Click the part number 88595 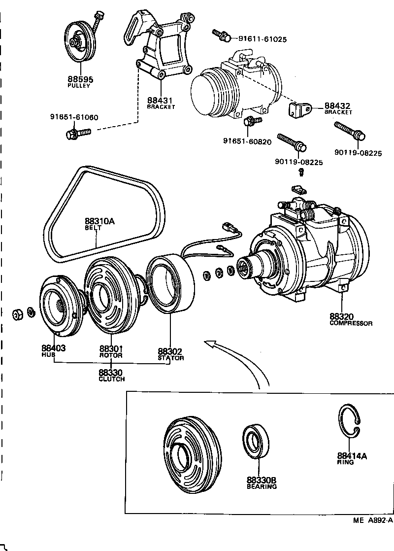80,79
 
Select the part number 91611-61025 263,39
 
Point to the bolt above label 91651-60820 252,121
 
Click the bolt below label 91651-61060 77,133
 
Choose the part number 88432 337,105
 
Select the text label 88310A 99,222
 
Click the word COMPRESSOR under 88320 351,323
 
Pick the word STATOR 171,358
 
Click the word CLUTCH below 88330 111,379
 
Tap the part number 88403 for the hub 54,348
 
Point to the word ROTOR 111,355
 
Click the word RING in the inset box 345,462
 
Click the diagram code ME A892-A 373,520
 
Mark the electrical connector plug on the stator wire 229,228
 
